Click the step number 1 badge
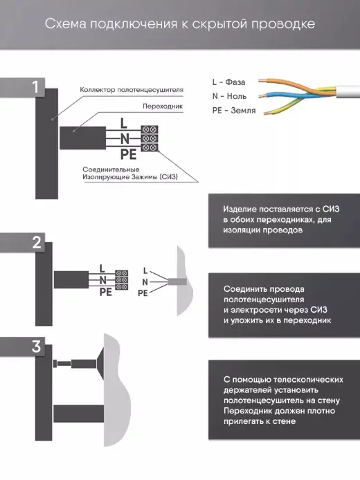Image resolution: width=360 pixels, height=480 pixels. tap(36, 87)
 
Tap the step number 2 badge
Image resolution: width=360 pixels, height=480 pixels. tap(37, 243)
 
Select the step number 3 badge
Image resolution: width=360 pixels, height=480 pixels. tap(36, 347)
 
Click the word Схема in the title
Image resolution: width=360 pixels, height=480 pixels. tap(66, 24)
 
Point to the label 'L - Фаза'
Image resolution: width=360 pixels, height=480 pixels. tap(228, 82)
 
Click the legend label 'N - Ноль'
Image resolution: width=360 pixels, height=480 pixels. tap(229, 96)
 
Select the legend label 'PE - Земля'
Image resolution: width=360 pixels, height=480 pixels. tap(234, 111)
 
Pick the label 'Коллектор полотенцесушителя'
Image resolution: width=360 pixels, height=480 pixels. tap(132, 90)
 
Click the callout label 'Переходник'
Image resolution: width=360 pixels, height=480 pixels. tap(163, 107)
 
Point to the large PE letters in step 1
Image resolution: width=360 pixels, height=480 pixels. tap(128, 154)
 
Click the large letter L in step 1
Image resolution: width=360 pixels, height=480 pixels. tap(123, 123)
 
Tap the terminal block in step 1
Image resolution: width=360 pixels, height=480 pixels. tap(150, 138)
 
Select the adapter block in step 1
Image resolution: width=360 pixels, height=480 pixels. tap(82, 138)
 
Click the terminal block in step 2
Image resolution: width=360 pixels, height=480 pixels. tap(121, 280)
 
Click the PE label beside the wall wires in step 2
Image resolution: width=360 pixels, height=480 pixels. tap(143, 293)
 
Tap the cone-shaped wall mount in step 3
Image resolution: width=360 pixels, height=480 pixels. tap(100, 364)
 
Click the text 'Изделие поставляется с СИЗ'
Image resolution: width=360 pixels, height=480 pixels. tap(281, 209)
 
